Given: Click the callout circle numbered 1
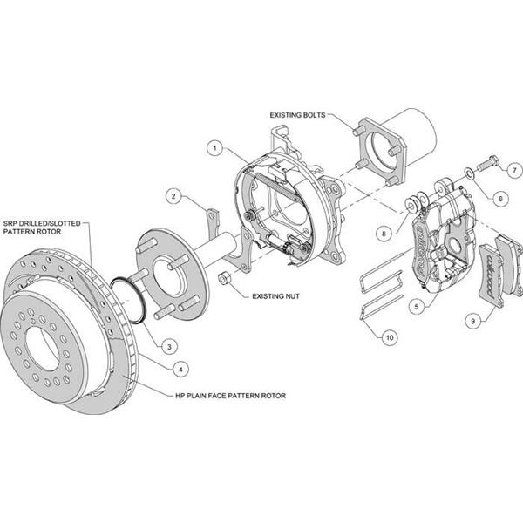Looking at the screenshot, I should tap(214, 148).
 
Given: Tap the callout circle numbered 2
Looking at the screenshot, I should tap(175, 196).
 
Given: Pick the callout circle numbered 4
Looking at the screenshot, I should tap(180, 369).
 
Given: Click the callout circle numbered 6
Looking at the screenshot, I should tap(499, 199).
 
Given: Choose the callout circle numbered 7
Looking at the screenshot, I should tap(515, 168).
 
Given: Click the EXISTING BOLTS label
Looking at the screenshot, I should tap(297, 114).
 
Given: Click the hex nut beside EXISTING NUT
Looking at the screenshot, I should tap(223, 279).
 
